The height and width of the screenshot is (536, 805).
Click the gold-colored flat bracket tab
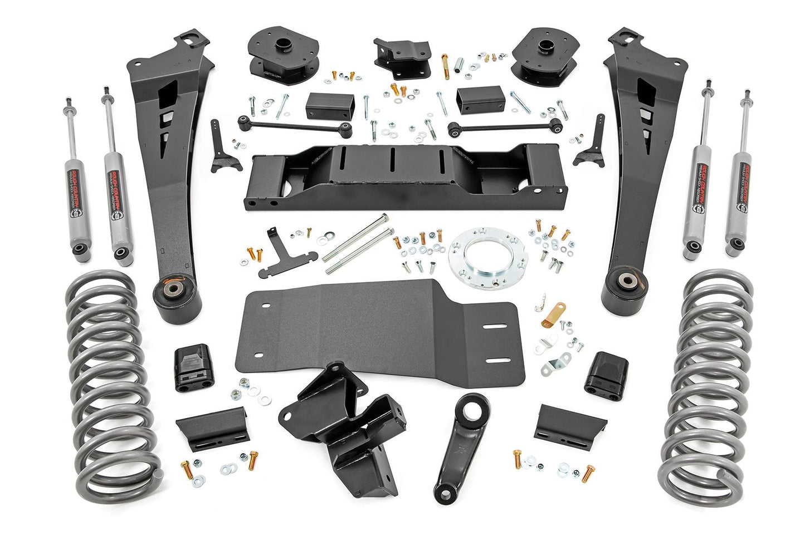555,312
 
